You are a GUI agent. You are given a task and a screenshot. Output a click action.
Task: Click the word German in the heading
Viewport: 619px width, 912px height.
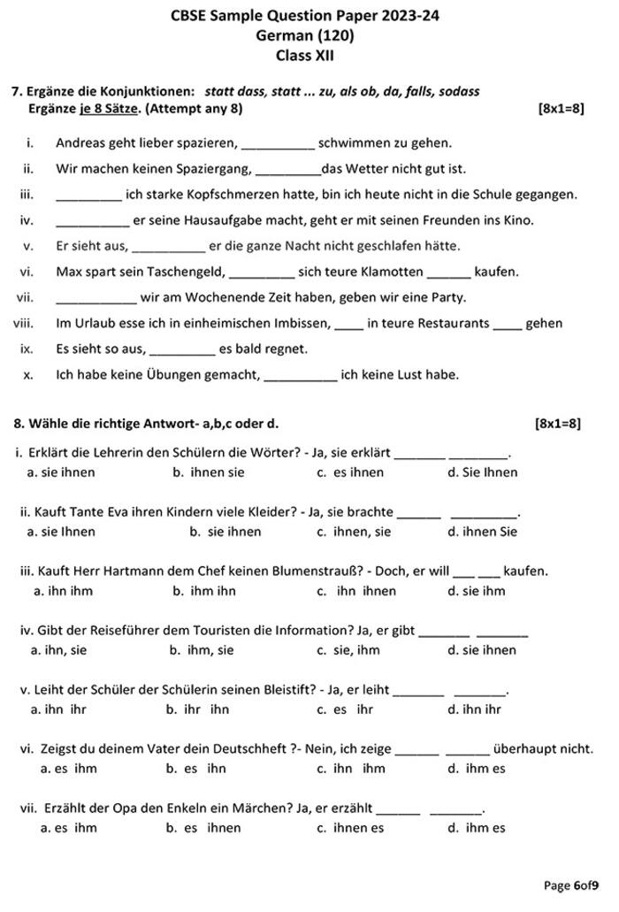coord(280,35)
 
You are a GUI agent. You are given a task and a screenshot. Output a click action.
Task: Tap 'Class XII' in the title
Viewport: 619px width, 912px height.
coord(305,55)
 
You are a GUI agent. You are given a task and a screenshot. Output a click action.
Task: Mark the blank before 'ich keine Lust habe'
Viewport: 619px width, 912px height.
coord(300,374)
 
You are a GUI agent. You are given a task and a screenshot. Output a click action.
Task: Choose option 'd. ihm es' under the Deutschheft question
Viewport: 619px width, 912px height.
coord(477,768)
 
